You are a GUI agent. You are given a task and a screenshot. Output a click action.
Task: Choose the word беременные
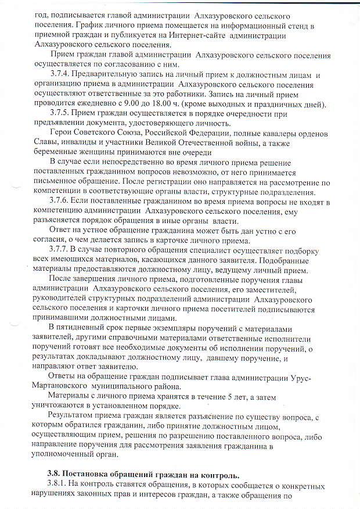pos(56,151)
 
